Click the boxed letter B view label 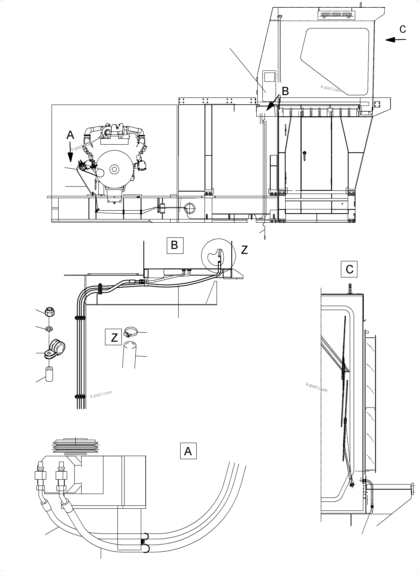(x=175, y=245)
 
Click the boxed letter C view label (x=349, y=269)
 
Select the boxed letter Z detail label (x=114, y=337)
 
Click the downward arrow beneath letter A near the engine (x=70, y=153)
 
